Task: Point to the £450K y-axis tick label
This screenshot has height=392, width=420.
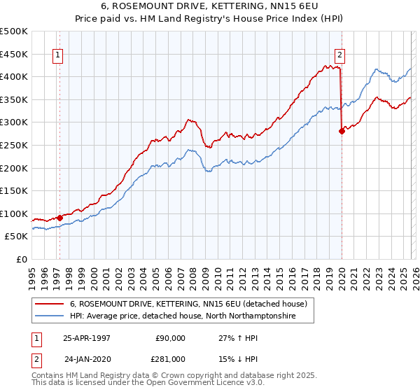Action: tap(14, 54)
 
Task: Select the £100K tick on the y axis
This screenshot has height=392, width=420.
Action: tap(14, 213)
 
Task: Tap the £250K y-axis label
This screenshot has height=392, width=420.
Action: tap(14, 145)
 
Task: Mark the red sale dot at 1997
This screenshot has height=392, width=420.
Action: tap(59, 218)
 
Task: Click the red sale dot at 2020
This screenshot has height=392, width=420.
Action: tap(342, 130)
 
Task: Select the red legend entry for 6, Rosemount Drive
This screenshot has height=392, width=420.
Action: tap(188, 304)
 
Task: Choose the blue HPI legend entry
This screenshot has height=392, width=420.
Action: tap(182, 316)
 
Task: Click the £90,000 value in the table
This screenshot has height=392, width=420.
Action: tap(170, 338)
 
